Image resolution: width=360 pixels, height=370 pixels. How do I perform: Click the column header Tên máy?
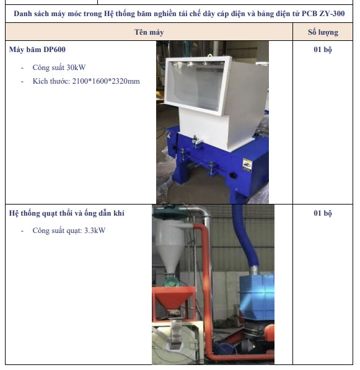pos(149,32)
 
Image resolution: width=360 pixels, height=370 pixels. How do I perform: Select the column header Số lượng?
pos(323,32)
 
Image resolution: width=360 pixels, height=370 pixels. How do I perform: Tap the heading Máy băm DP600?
pos(37,50)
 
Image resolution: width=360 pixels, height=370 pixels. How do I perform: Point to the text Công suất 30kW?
pos(59,68)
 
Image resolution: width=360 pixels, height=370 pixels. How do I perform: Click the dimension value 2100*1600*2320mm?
pos(106,81)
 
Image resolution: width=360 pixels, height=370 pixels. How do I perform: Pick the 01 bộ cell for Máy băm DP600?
pos(323,50)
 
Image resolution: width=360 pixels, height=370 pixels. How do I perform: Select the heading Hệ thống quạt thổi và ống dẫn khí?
pos(66,213)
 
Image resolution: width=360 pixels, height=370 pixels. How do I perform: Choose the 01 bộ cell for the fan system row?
pos(323,213)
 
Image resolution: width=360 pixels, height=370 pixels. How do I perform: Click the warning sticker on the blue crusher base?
pos(247,165)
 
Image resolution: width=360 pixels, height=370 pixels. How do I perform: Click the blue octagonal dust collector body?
pos(257,297)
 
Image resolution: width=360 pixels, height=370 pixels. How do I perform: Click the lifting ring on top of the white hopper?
pos(209,56)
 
